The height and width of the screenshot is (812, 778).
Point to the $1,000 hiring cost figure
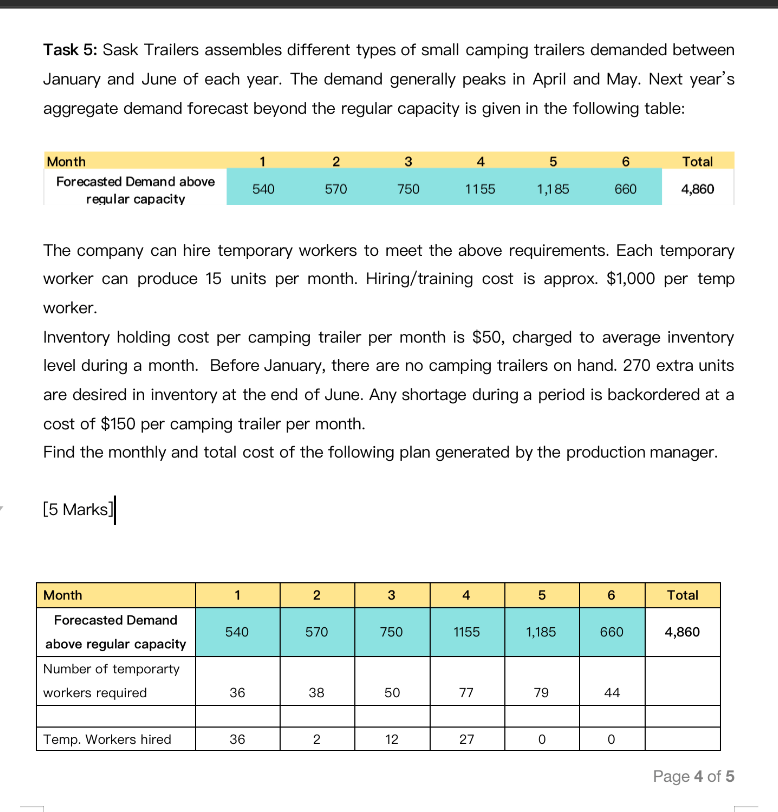(630, 279)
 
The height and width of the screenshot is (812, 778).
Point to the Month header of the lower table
(63, 595)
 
